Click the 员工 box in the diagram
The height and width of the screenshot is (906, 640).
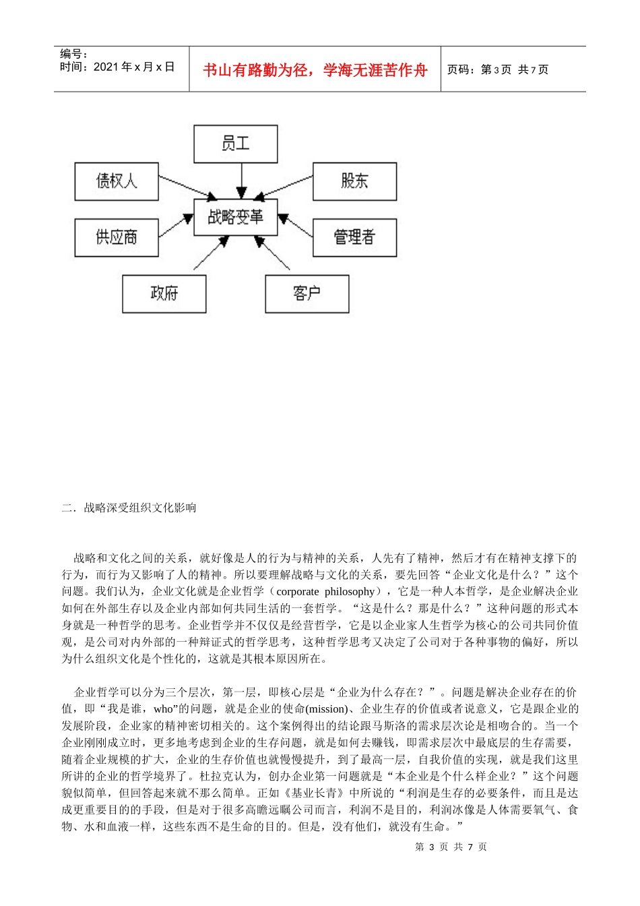click(235, 144)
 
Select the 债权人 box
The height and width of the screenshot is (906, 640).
click(117, 181)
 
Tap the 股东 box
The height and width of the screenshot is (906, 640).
click(354, 181)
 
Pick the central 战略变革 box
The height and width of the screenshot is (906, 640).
click(235, 217)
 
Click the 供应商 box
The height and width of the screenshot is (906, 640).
click(117, 237)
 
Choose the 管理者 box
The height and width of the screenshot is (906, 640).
click(354, 237)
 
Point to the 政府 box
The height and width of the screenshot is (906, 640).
click(164, 294)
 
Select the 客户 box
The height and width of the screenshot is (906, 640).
click(307, 294)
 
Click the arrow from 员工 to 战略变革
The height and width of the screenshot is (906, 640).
click(241, 180)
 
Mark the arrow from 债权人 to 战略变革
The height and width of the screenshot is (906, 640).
click(187, 189)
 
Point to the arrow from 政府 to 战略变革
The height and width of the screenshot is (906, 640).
click(211, 253)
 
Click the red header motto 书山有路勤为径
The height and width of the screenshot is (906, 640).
click(315, 70)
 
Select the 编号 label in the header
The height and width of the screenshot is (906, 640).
click(74, 54)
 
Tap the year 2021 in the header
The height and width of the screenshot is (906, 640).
click(106, 67)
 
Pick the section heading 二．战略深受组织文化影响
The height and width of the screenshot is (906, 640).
click(129, 508)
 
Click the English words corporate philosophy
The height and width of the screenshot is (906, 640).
click(325, 592)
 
